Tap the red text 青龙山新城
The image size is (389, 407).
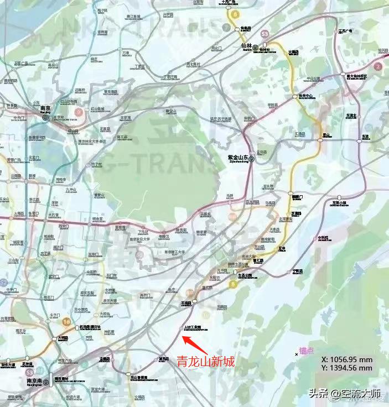pos(206,362)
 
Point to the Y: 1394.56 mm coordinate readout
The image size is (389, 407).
pos(347,367)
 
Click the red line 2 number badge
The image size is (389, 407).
pos(378,66)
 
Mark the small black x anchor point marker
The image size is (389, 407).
pos(297,354)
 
